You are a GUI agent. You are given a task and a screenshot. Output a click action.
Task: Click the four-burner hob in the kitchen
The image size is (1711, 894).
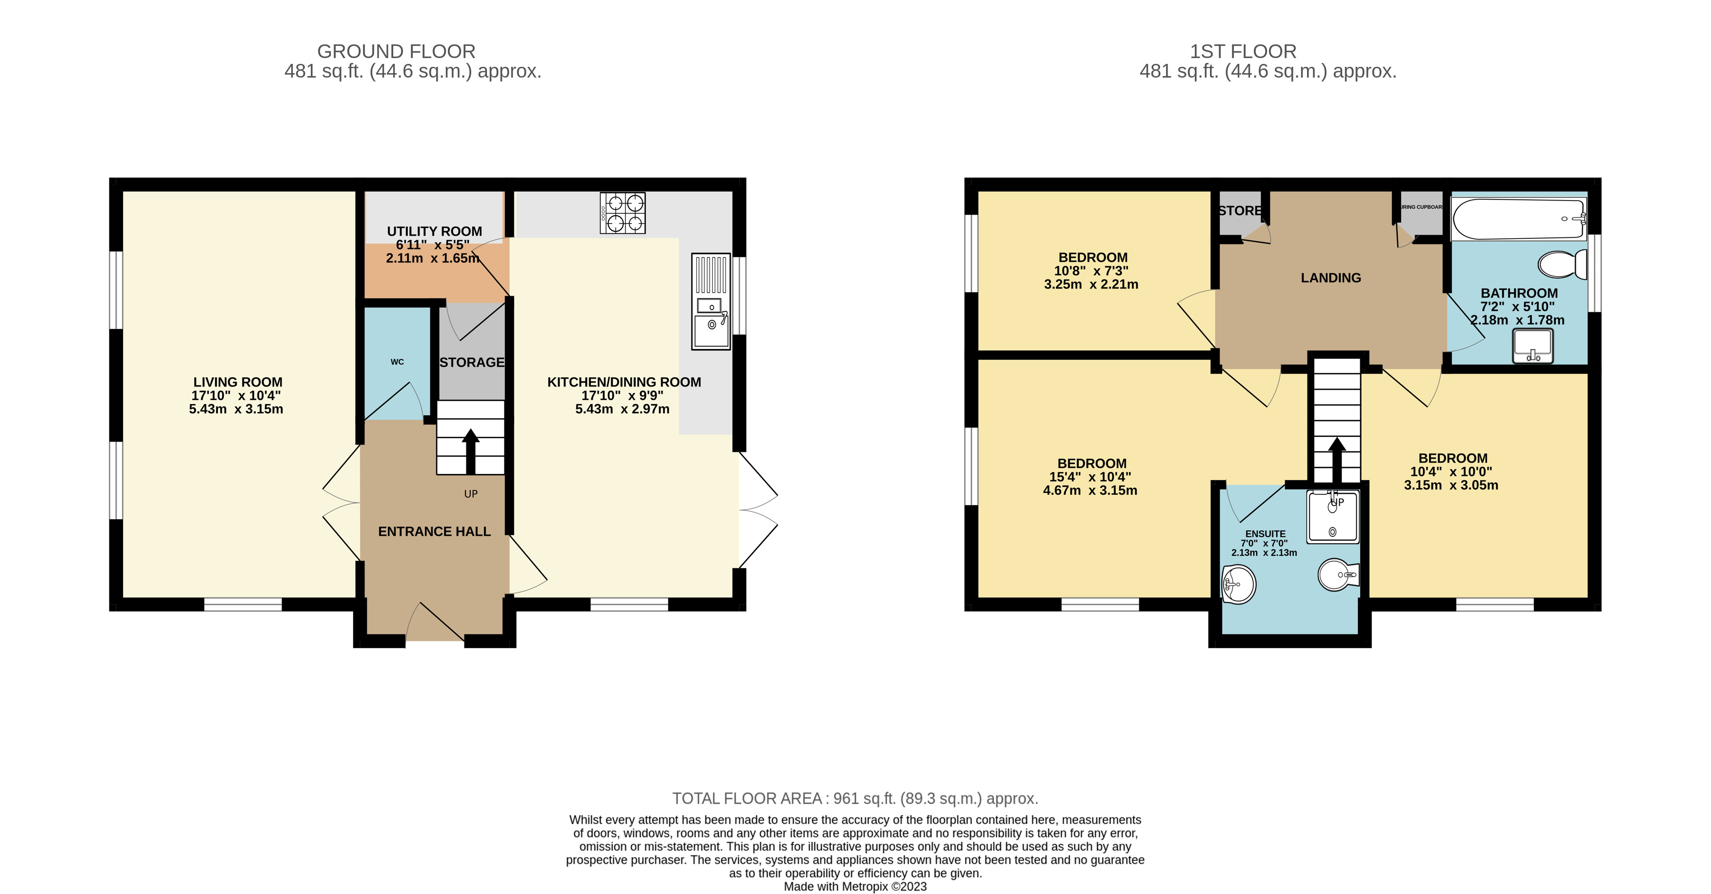click(x=623, y=213)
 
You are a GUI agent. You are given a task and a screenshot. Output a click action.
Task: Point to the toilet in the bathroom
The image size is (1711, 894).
click(x=1562, y=264)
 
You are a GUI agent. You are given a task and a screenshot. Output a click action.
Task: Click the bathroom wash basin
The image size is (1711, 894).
click(x=1532, y=346)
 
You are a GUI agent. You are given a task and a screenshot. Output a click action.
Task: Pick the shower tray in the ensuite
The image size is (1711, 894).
click(x=1332, y=517)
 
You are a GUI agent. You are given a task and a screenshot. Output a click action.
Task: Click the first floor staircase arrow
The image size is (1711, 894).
click(x=1336, y=458)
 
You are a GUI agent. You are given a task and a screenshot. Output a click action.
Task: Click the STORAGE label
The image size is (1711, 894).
click(x=472, y=362)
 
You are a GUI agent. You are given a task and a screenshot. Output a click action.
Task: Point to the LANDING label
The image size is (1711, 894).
click(x=1330, y=278)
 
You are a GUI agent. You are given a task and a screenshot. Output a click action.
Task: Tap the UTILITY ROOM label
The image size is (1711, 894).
click(x=434, y=231)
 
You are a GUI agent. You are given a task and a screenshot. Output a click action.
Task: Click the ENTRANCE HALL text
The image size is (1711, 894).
click(x=434, y=531)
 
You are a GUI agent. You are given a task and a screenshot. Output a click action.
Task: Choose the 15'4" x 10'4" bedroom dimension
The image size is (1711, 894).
click(x=1090, y=477)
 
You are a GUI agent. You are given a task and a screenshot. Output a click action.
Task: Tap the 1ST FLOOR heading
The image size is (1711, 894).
click(x=1243, y=51)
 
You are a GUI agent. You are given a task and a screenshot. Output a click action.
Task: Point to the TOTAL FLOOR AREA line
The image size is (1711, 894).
click(x=855, y=798)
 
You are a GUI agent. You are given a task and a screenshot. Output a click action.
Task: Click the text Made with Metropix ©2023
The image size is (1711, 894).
click(x=855, y=887)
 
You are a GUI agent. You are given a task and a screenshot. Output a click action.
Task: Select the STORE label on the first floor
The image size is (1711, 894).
click(x=1239, y=210)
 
